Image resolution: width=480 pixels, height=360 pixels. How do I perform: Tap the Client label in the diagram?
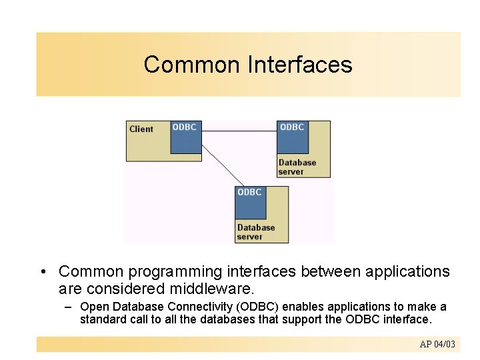(x=141, y=129)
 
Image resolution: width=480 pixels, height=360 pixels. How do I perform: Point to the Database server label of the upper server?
(x=297, y=167)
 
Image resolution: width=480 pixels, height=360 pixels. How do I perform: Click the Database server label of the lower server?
(x=255, y=232)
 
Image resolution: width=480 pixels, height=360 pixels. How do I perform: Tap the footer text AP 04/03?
(x=437, y=344)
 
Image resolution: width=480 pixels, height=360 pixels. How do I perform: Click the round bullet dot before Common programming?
(x=42, y=272)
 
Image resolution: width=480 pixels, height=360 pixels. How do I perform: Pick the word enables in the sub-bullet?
(x=308, y=307)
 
